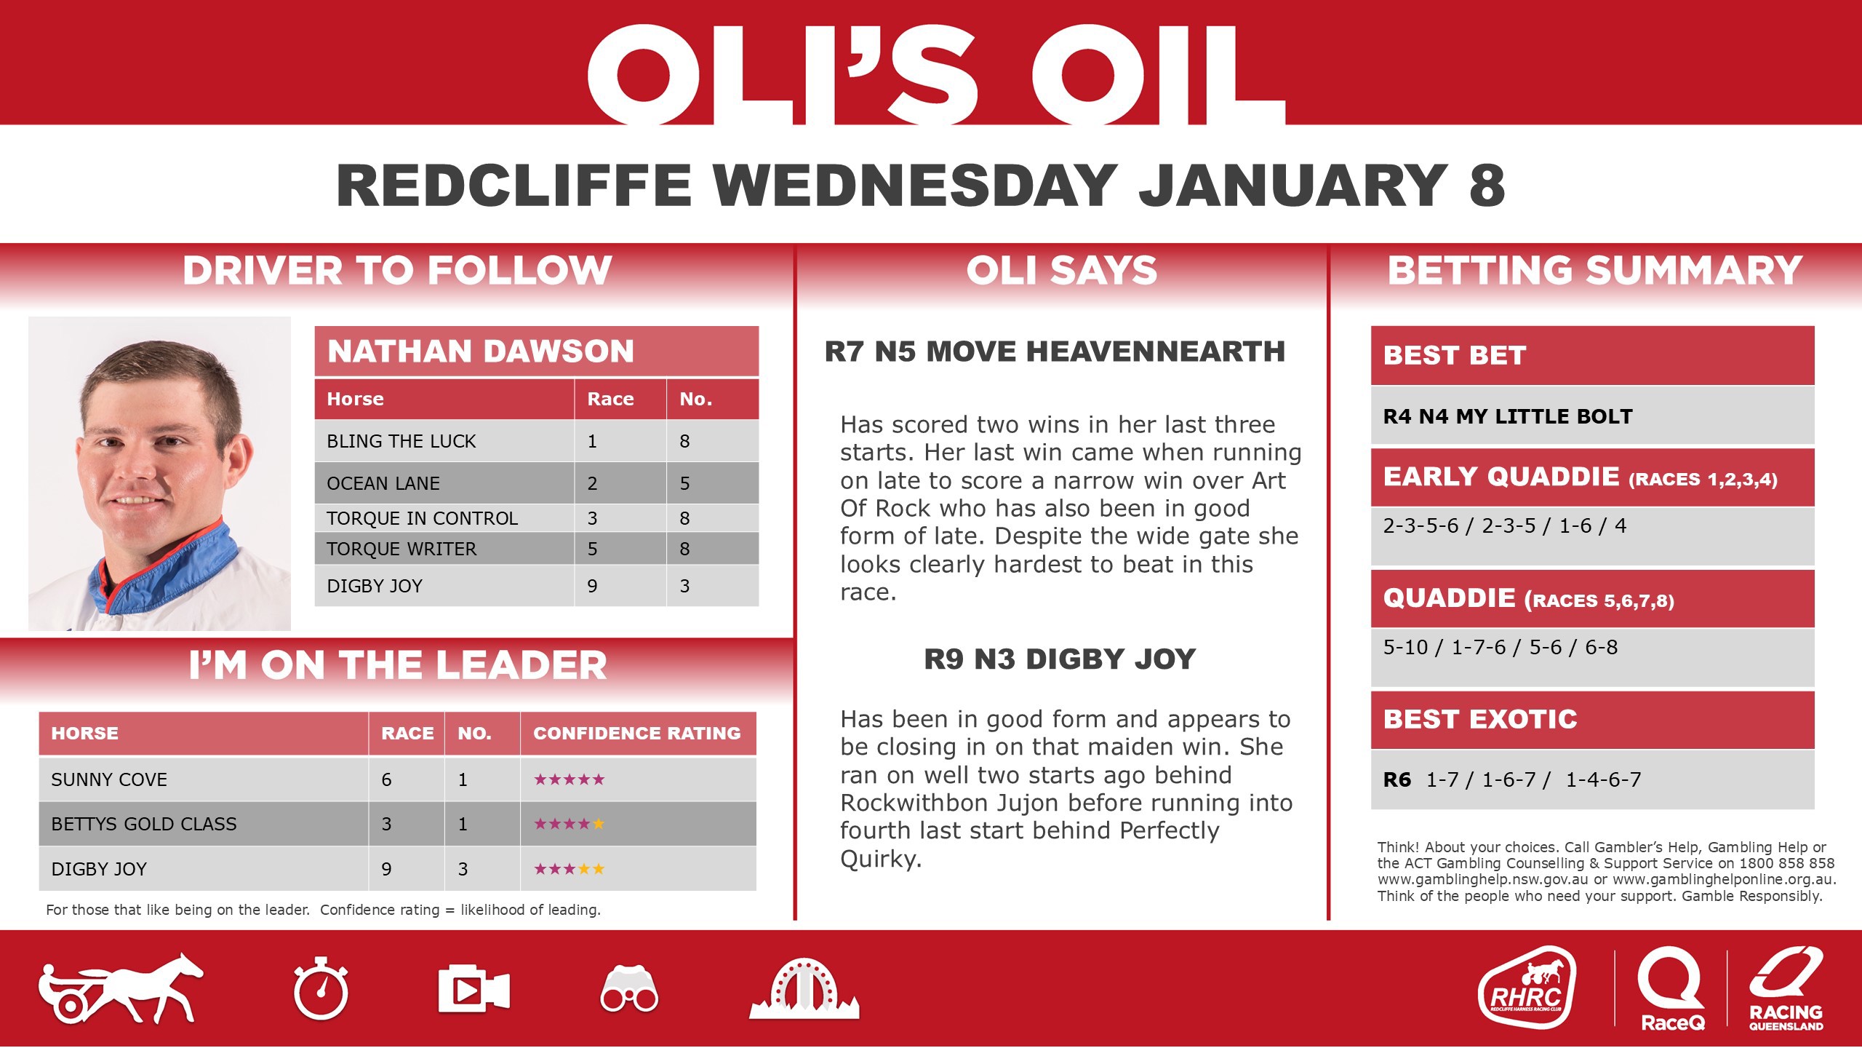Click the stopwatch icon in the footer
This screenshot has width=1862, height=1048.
[321, 989]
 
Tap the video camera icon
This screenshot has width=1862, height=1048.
[474, 989]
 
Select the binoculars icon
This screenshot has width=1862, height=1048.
[629, 989]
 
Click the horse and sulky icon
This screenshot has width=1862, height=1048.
[121, 988]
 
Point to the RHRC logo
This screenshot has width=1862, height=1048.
[1527, 988]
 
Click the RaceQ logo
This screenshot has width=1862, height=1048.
[1672, 989]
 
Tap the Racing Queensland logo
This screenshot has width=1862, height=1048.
[1786, 989]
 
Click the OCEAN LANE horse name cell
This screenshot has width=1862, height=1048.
[383, 483]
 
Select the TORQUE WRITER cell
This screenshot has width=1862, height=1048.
[401, 549]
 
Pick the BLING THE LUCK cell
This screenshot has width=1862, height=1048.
[401, 441]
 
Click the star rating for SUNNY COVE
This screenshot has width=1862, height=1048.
[569, 780]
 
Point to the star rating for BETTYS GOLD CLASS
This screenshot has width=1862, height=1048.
[569, 825]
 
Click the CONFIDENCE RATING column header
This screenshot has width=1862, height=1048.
[636, 733]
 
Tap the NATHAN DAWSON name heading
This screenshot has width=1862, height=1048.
[481, 352]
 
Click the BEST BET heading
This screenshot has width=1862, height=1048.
[1455, 356]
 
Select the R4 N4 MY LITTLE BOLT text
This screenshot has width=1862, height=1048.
[1508, 416]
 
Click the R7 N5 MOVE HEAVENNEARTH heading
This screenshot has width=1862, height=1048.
[1055, 352]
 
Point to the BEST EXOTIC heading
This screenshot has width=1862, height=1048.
[1480, 720]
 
